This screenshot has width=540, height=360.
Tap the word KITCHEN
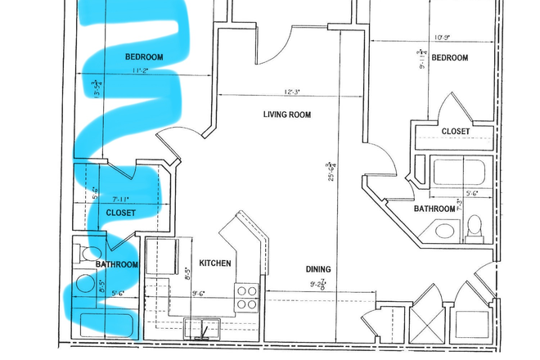coord(215,263)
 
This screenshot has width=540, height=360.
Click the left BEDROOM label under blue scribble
coord(144,57)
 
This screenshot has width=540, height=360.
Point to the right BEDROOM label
coord(449,57)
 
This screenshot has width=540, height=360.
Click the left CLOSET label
coord(121,213)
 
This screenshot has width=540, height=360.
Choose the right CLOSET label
coord(456,131)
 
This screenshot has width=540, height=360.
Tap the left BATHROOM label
coord(117,265)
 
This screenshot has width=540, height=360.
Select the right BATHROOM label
coord(434,209)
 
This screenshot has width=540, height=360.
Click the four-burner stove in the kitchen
coord(246,296)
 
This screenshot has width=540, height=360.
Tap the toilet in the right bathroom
coord(474,231)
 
